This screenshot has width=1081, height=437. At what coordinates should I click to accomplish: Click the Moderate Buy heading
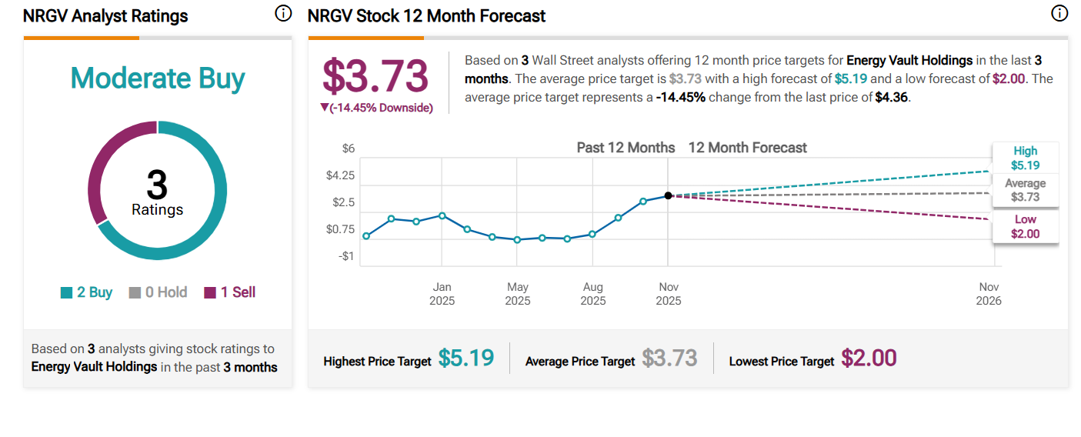158,78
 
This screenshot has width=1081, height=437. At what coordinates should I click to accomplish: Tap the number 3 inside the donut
157,185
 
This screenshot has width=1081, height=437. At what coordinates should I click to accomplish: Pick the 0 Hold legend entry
158,292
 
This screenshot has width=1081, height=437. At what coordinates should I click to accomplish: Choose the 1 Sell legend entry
229,292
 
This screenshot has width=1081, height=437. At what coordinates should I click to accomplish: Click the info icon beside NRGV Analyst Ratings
283,14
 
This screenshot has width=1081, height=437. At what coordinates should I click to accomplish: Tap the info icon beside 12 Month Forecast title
1059,14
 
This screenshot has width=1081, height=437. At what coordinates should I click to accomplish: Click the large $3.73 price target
375,76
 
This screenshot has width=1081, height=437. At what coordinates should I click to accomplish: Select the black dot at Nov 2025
668,195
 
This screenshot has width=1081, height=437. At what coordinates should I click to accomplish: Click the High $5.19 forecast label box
1025,158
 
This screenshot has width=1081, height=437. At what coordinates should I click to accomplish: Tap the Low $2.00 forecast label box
1025,227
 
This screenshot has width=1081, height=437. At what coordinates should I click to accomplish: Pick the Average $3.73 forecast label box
1025,190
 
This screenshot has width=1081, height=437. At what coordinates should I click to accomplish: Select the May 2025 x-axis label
518,293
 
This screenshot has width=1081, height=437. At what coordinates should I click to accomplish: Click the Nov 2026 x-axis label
989,293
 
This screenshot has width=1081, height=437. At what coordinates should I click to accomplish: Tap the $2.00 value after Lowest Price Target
869,358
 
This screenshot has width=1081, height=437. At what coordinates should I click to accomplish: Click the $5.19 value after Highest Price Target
466,358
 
